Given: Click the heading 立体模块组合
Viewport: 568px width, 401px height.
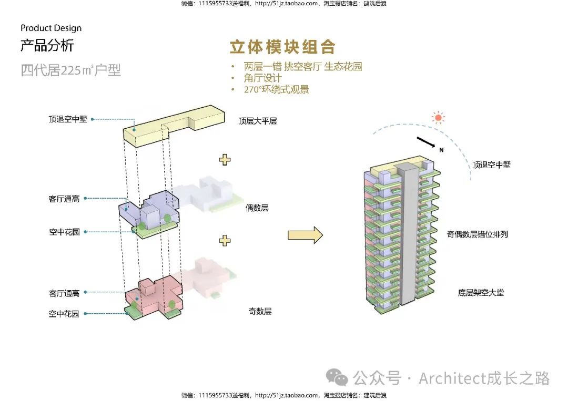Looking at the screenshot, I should pyautogui.click(x=282, y=47).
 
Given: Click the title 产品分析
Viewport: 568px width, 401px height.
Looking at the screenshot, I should pyautogui.click(x=47, y=46).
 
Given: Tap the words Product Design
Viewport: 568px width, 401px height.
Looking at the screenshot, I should pyautogui.click(x=51, y=28).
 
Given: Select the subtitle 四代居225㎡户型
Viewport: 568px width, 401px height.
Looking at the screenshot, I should pyautogui.click(x=71, y=70).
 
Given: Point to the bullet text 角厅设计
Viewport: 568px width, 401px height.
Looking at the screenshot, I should pyautogui.click(x=263, y=78).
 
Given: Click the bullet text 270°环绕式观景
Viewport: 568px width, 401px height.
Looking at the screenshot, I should pyautogui.click(x=276, y=89).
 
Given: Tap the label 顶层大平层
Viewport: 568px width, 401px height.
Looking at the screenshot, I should pyautogui.click(x=258, y=121).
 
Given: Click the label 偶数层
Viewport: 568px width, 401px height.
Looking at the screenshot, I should pyautogui.click(x=257, y=208).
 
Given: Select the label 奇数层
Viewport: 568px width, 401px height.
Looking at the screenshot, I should pyautogui.click(x=260, y=311).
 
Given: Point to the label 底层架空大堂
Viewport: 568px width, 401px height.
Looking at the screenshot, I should pyautogui.click(x=481, y=292).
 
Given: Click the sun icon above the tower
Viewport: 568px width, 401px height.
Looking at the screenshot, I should pyautogui.click(x=438, y=118).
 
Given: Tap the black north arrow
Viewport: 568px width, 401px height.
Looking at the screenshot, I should pyautogui.click(x=426, y=143).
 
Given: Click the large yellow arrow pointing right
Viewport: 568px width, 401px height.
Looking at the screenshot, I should pyautogui.click(x=305, y=234).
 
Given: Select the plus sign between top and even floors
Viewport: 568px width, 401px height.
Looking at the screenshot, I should pyautogui.click(x=225, y=159).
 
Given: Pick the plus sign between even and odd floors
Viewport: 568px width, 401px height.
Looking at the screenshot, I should pyautogui.click(x=225, y=240).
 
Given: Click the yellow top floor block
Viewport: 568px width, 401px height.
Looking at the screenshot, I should pyautogui.click(x=174, y=126).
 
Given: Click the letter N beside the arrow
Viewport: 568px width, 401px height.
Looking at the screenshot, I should pyautogui.click(x=441, y=150).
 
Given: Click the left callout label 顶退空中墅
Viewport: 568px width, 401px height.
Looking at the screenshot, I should pyautogui.click(x=68, y=119).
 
